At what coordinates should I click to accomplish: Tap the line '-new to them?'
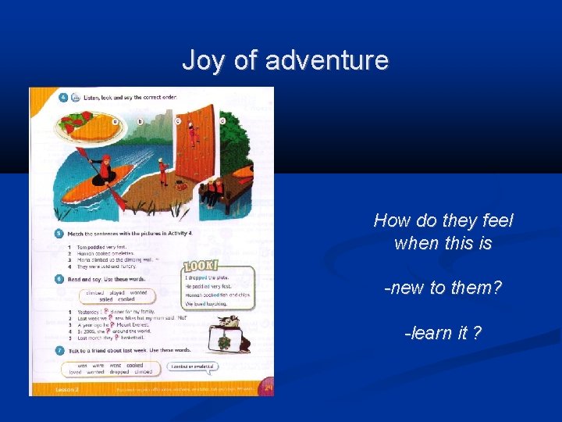click(x=443, y=288)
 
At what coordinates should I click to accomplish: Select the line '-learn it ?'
click(x=443, y=333)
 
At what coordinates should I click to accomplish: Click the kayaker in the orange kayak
click(x=101, y=169)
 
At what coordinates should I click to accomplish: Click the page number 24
click(x=267, y=388)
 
